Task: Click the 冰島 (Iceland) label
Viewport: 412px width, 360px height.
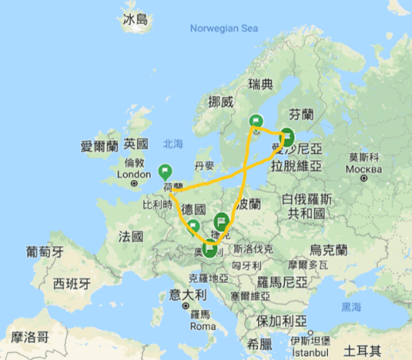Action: click(135, 20)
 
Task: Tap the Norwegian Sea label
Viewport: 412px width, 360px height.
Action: click(225, 29)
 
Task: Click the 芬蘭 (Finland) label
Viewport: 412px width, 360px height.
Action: click(304, 113)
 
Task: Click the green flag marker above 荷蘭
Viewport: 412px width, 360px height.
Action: click(165, 170)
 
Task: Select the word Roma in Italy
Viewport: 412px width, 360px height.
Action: click(203, 327)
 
